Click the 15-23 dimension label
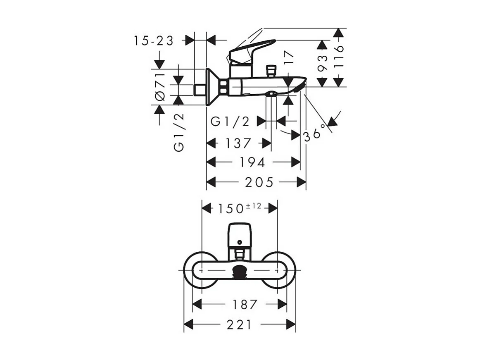tap(154, 41)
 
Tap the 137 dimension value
tap(238, 143)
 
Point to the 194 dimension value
tap(252, 162)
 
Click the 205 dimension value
tap(259, 182)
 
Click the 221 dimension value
tap(240, 325)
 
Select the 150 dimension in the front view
tap(231, 208)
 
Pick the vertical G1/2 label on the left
tap(179, 132)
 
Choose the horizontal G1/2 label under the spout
tap(230, 122)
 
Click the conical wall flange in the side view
tap(212, 87)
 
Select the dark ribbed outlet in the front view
tap(240, 272)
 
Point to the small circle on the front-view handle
tap(239, 241)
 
